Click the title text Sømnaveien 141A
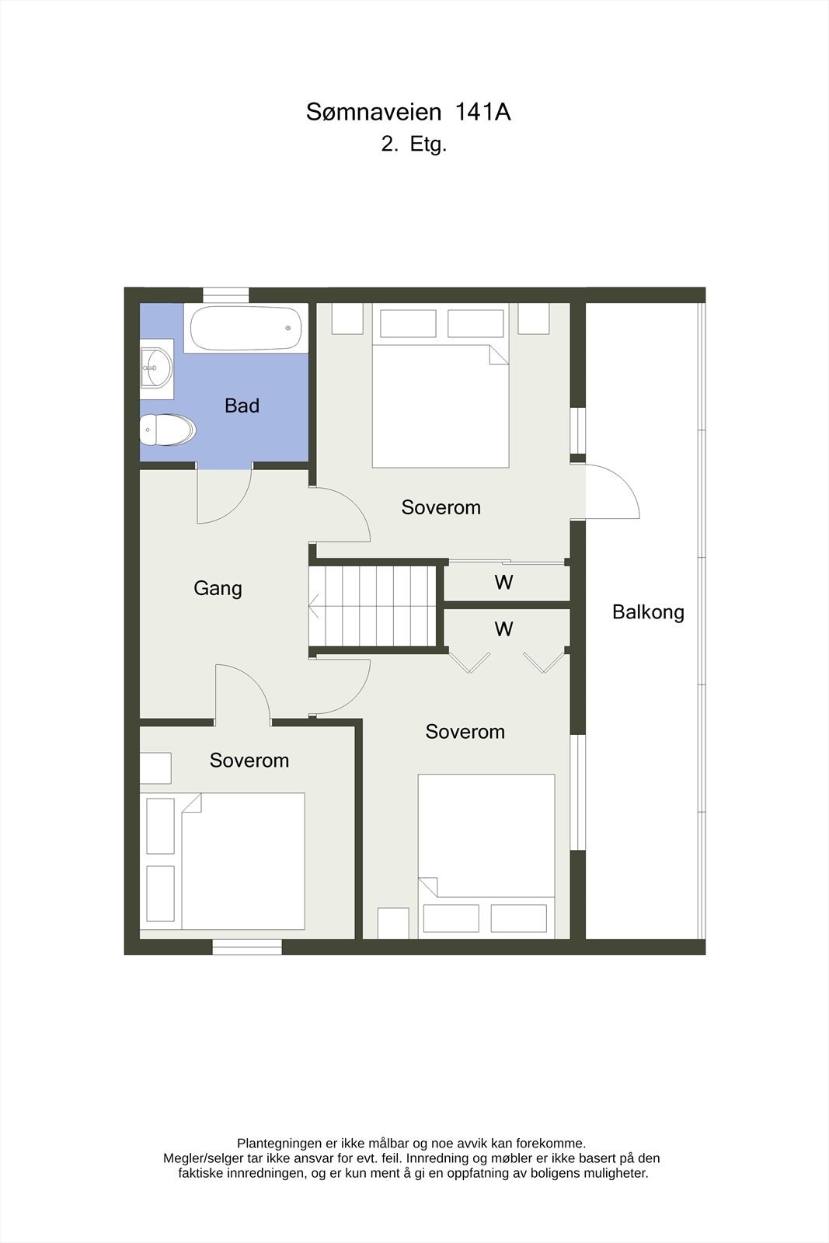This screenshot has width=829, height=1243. point(408,113)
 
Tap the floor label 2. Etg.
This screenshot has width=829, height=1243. point(413,144)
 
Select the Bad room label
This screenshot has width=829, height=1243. point(242,406)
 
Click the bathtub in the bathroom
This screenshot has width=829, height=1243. point(246,328)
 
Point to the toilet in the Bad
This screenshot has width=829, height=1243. point(166,430)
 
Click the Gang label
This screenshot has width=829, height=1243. point(218,589)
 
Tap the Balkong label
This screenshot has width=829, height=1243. point(648,612)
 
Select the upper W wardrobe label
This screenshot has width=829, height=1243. point(503,583)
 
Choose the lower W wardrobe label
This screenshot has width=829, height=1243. point(503,629)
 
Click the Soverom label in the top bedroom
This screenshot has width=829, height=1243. point(441,508)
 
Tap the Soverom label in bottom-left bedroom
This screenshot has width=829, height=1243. point(249,761)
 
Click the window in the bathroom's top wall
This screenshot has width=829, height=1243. point(226,294)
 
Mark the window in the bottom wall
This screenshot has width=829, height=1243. point(247,946)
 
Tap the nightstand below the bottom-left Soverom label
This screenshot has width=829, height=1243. point(155,768)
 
